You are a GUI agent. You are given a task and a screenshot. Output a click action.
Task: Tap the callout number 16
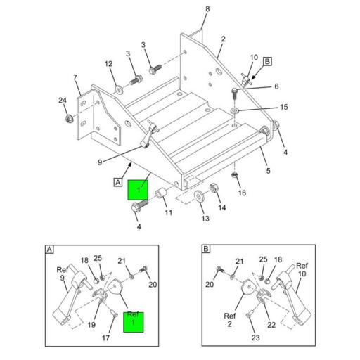click(243, 192)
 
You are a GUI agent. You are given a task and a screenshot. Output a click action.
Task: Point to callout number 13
click(205, 219)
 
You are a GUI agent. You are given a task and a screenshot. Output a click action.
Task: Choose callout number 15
click(283, 108)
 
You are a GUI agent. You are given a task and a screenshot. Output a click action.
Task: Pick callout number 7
click(75, 77)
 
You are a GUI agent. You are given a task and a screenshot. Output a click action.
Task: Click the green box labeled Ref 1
click(134, 321)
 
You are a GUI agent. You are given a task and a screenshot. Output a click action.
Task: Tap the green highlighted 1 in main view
click(138, 190)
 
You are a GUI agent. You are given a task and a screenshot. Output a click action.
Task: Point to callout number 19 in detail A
click(92, 324)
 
